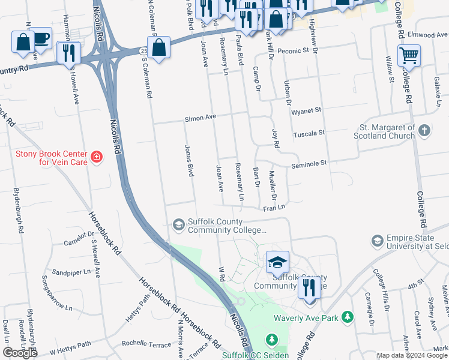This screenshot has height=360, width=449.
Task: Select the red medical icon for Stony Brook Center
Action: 96,158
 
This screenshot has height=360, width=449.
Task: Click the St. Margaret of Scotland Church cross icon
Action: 424,131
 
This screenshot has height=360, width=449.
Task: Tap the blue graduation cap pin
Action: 278,262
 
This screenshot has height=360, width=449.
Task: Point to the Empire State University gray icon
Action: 378,241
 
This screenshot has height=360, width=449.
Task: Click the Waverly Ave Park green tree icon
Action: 347,317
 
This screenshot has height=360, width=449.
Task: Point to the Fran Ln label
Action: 274,208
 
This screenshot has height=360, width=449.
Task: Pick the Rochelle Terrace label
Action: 146,344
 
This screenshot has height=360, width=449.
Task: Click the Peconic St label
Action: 292,52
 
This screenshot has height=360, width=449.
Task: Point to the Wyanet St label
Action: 306,111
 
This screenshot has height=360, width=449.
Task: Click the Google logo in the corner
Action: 20,353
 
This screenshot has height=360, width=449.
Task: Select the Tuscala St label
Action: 309,133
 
